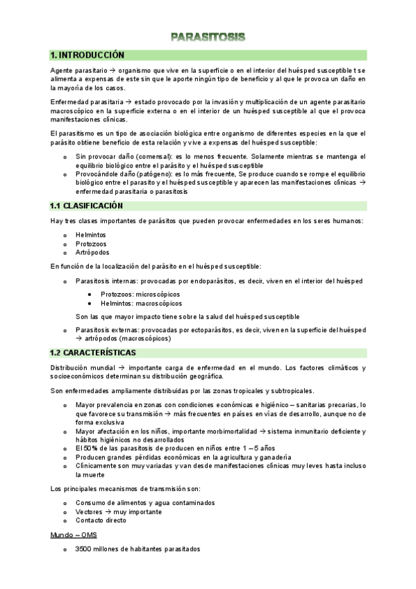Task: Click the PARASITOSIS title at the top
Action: tap(208, 36)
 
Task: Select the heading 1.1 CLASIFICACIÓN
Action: tap(86, 206)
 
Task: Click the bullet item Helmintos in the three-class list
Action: tap(91, 235)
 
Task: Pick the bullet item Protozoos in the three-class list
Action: tap(92, 244)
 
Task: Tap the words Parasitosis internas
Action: tap(106, 281)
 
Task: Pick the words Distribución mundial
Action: tap(81, 367)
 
